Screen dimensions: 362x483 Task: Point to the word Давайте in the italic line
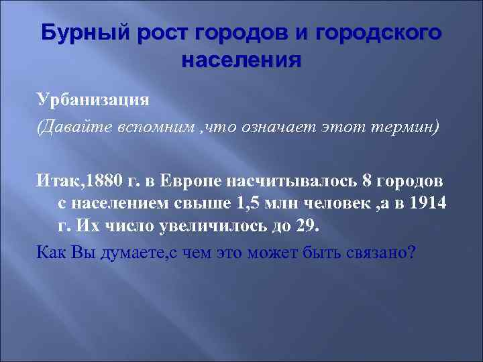[80, 128]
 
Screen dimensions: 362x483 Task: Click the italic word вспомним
[158, 128]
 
